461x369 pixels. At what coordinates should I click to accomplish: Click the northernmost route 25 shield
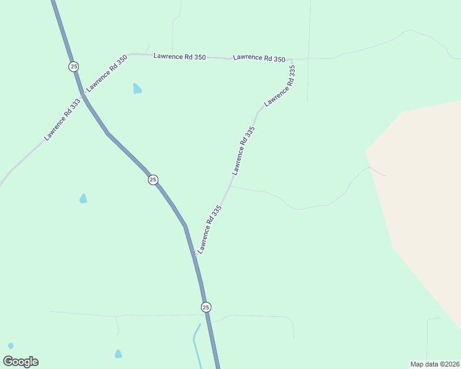pyautogui.click(x=74, y=66)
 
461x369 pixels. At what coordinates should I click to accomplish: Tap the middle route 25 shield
pyautogui.click(x=153, y=180)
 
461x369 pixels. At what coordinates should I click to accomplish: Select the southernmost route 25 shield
pyautogui.click(x=206, y=307)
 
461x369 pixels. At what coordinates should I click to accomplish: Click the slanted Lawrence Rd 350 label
pyautogui.click(x=107, y=73)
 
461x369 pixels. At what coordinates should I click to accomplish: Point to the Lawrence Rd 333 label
pyautogui.click(x=62, y=119)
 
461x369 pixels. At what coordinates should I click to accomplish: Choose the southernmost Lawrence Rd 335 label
pyautogui.click(x=209, y=230)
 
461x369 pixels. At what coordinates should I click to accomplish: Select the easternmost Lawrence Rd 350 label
pyautogui.click(x=259, y=58)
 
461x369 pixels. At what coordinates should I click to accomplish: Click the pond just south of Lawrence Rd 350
pyautogui.click(x=137, y=89)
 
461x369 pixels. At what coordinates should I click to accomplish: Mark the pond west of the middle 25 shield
pyautogui.click(x=83, y=198)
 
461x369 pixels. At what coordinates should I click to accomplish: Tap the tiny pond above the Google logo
pyautogui.click(x=10, y=346)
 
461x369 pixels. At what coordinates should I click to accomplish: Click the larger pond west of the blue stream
pyautogui.click(x=118, y=354)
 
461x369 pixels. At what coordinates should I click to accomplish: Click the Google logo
pyautogui.click(x=21, y=362)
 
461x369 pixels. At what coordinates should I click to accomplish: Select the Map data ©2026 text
pyautogui.click(x=434, y=363)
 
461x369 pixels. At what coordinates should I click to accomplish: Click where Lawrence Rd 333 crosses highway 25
pyautogui.click(x=81, y=95)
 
